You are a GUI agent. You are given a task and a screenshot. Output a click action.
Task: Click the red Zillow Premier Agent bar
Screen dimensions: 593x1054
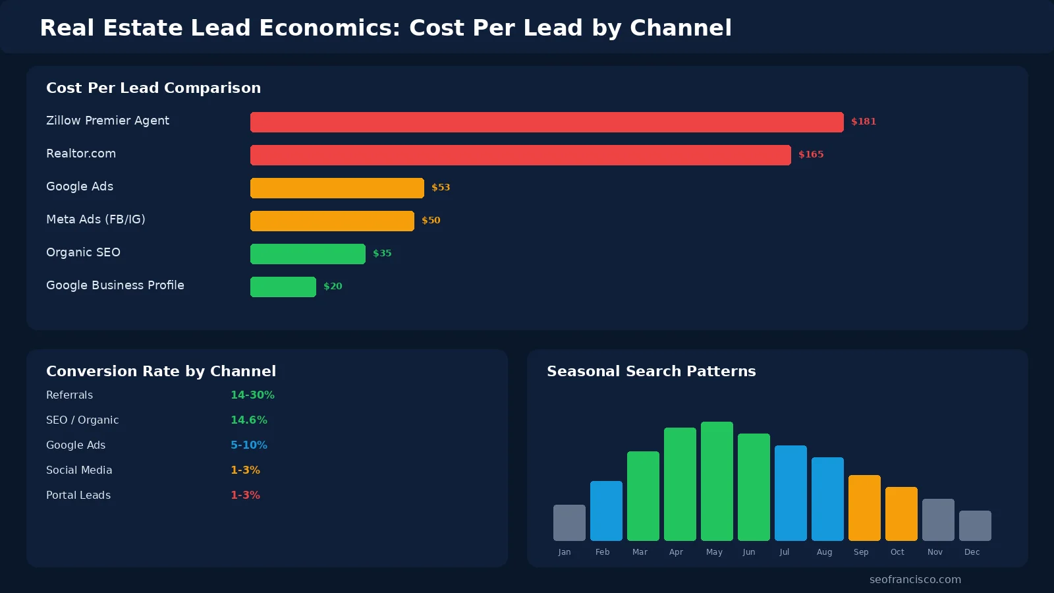point(547,122)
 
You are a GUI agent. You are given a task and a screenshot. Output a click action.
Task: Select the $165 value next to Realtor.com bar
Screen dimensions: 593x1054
point(811,154)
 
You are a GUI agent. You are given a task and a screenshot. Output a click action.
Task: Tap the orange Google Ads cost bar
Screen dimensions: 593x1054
point(337,188)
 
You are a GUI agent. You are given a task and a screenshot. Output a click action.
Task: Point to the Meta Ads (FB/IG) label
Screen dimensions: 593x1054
point(96,219)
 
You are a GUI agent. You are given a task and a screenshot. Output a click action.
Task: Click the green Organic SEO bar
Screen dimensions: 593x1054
point(308,254)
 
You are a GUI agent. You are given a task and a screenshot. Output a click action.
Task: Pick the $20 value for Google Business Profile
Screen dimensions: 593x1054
point(333,286)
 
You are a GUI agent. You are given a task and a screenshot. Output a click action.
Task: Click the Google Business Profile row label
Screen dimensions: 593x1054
point(115,285)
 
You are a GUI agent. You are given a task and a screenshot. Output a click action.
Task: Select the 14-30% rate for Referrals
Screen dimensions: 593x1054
point(252,395)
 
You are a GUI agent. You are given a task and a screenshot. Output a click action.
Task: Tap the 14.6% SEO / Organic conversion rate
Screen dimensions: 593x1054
point(249,420)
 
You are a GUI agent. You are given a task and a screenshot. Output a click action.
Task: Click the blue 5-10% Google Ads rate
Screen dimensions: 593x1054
point(249,445)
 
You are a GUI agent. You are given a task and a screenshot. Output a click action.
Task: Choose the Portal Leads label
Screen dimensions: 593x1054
point(78,495)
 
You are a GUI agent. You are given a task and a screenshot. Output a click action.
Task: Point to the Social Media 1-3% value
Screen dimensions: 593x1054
point(245,470)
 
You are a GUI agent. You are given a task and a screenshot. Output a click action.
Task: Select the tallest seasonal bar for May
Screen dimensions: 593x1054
point(717,481)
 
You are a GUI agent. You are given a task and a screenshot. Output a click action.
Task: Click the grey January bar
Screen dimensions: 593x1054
point(569,522)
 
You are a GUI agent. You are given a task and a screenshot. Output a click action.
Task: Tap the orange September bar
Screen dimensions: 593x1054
point(864,507)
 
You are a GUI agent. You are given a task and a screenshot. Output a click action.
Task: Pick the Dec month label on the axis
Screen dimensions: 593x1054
point(972,552)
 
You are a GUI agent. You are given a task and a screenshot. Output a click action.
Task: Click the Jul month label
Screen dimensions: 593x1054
point(784,552)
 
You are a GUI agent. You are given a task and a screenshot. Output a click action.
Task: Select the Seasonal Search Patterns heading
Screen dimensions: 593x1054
point(651,371)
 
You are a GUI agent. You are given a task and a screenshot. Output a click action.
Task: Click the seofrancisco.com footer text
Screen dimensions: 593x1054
point(915,580)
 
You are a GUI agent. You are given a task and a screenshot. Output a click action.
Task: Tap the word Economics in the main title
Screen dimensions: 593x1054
point(329,28)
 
